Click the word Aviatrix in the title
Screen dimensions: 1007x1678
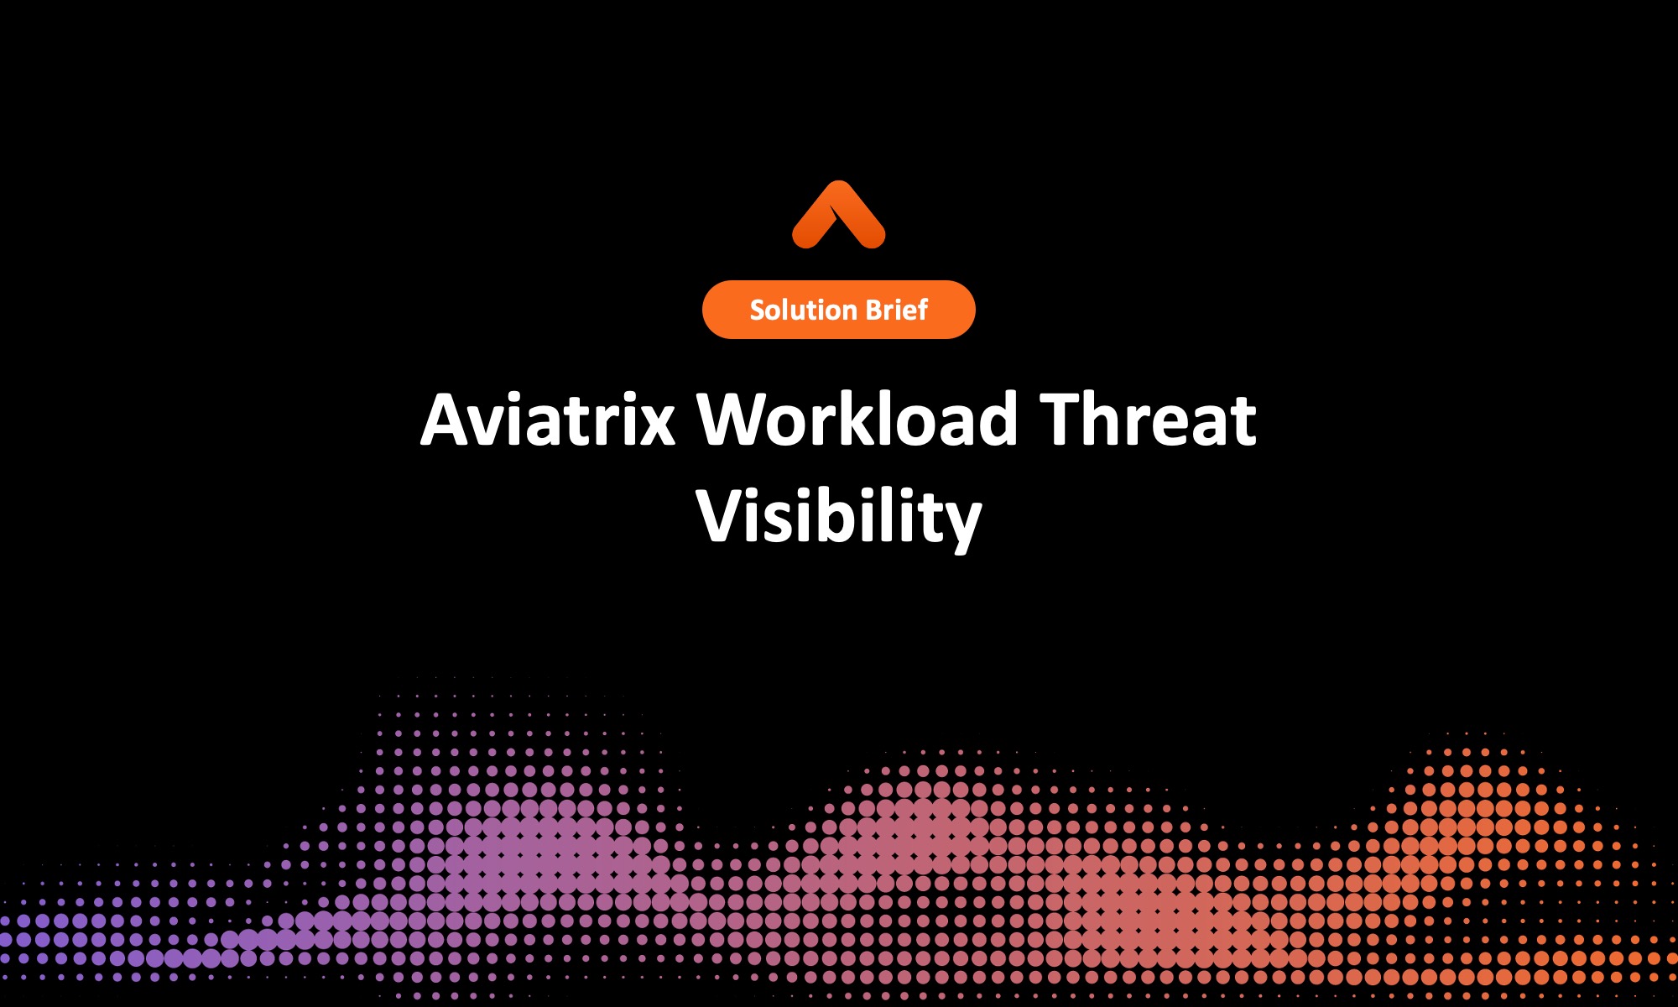click(x=548, y=419)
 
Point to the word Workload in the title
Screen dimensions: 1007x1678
click(x=857, y=419)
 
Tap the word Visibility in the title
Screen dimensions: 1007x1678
click(x=838, y=515)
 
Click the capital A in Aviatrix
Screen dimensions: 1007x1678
click(x=446, y=419)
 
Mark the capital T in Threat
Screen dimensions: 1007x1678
click(x=1065, y=419)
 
